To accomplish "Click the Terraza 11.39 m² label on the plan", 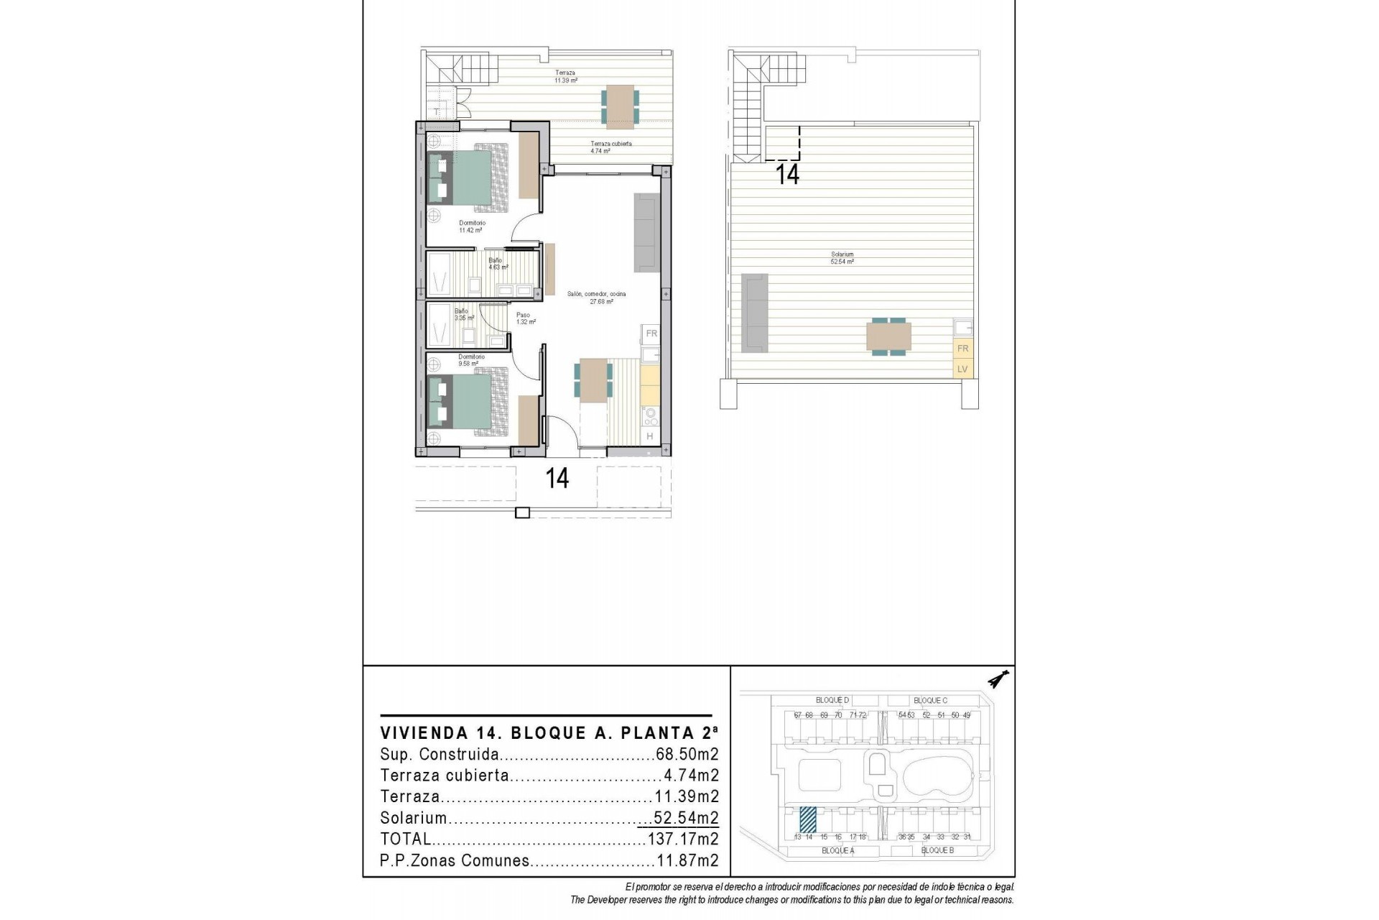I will tap(565, 77).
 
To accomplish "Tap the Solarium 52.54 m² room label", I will tap(842, 258).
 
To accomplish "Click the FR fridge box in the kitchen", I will tap(651, 333).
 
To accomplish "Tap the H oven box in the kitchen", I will tap(650, 436).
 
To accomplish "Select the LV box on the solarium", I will tap(962, 369).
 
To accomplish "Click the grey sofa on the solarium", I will tap(754, 313).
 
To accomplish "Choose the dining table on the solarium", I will tap(889, 337).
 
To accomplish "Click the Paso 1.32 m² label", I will tap(526, 318).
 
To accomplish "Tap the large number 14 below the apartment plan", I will tap(557, 479).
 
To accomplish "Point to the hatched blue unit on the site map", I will tap(808, 819).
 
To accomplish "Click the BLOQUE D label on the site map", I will tap(832, 700).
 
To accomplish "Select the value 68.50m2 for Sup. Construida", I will tap(687, 755).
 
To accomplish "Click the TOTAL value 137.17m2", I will tap(682, 839).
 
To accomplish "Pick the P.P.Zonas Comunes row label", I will tap(455, 860).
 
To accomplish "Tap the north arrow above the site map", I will tap(998, 679).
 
